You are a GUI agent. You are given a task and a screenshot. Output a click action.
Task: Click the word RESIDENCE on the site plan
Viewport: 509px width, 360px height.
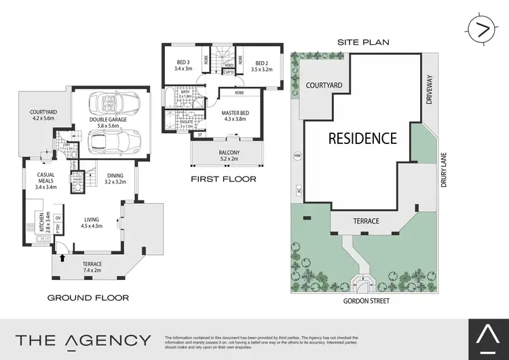[x=362, y=139]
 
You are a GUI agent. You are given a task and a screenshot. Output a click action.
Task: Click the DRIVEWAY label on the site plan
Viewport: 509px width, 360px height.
[x=429, y=89]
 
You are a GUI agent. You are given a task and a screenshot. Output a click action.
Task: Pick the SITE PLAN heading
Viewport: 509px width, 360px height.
[x=363, y=41]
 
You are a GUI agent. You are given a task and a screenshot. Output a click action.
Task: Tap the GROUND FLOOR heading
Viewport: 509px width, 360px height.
[x=88, y=298]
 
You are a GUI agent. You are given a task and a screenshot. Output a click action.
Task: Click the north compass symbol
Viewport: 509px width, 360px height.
[x=483, y=29]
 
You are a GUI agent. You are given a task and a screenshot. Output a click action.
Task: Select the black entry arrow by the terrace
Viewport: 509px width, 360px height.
[x=62, y=257]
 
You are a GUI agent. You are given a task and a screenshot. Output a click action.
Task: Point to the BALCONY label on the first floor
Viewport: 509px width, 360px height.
[x=225, y=154]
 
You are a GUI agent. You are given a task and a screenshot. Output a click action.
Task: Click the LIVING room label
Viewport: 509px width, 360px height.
[x=92, y=219]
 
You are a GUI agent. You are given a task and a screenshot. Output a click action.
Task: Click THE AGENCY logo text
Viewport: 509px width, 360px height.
[x=83, y=340]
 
